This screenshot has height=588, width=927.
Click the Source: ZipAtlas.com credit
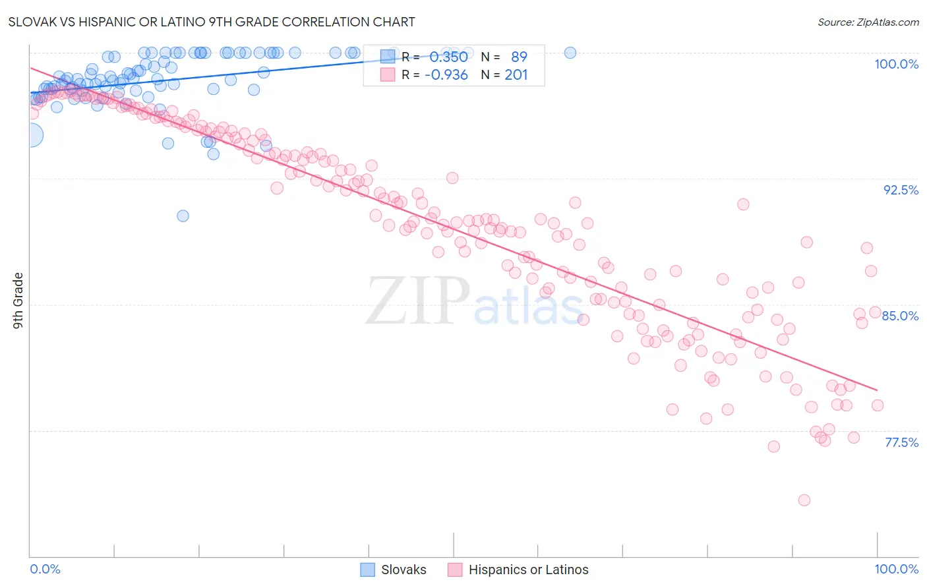pyautogui.click(x=868, y=22)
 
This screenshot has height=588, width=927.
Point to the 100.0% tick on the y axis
pyautogui.click(x=896, y=64)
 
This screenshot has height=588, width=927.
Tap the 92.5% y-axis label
pyautogui.click(x=901, y=190)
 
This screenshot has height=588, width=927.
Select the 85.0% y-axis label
pyautogui.click(x=900, y=316)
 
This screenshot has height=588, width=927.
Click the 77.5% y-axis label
pyautogui.click(x=901, y=442)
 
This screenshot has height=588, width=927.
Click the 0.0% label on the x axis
pyautogui.click(x=45, y=569)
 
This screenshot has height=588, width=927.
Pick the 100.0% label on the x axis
pyautogui.click(x=896, y=569)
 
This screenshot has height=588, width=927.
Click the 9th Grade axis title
pyautogui.click(x=18, y=300)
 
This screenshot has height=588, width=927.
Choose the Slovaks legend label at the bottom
pyautogui.click(x=404, y=570)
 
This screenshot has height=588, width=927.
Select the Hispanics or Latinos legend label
pyautogui.click(x=528, y=570)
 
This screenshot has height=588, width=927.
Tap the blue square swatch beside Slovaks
pyautogui.click(x=368, y=570)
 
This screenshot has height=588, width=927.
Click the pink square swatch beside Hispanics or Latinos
pyautogui.click(x=455, y=570)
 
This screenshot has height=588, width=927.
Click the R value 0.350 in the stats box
pyautogui.click(x=448, y=57)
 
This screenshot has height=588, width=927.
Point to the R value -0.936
pyautogui.click(x=446, y=75)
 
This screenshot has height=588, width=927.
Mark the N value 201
pyautogui.click(x=516, y=75)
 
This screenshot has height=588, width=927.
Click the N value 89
pyautogui.click(x=519, y=57)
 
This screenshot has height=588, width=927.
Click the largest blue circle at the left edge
pyautogui.click(x=30, y=135)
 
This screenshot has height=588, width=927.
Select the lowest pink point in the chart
pyautogui.click(x=804, y=500)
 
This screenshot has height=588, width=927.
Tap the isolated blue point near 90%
pyautogui.click(x=183, y=216)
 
